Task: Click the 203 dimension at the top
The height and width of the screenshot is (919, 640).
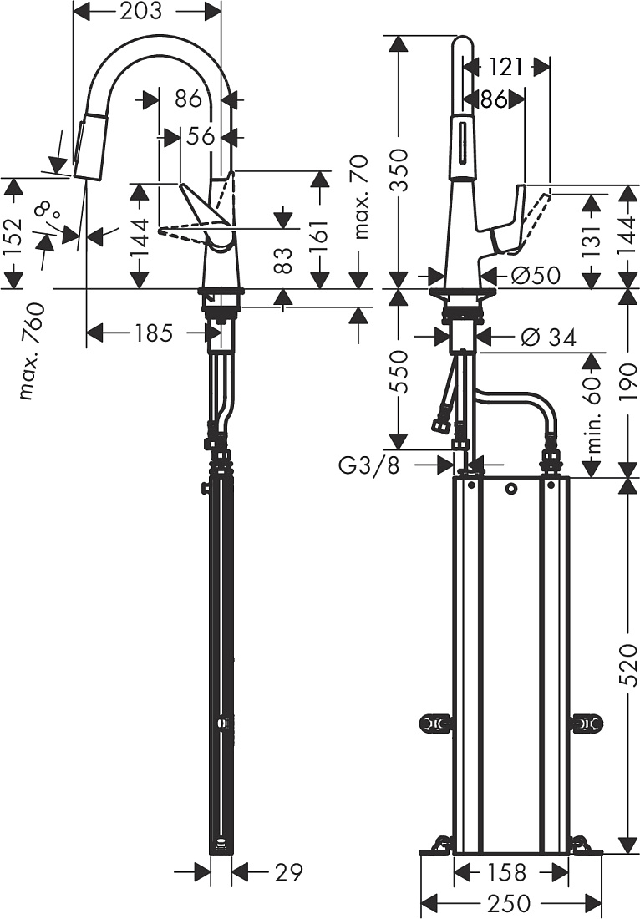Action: [140, 11]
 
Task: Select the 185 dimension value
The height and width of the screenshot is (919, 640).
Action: [154, 333]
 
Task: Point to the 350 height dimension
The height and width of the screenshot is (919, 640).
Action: [399, 170]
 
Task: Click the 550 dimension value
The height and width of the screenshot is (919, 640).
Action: [399, 372]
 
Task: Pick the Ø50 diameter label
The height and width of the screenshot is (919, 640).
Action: [535, 275]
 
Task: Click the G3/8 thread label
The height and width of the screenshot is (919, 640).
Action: [368, 465]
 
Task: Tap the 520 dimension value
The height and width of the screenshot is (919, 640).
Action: [627, 665]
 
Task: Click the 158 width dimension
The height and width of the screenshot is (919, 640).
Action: [507, 872]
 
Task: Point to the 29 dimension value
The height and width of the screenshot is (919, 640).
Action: [288, 872]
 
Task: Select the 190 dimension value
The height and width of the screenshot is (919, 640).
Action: [627, 382]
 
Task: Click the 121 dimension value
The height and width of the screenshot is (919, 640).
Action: [505, 67]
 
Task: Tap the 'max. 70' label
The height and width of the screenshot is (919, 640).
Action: [362, 196]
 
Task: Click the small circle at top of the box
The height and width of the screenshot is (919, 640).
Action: [511, 488]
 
